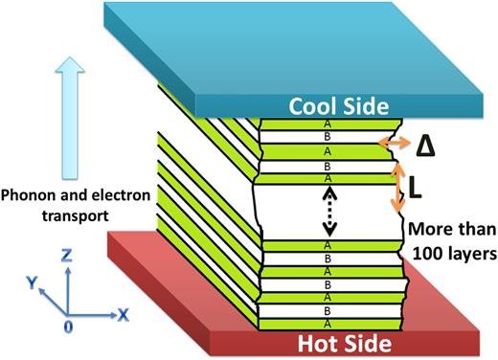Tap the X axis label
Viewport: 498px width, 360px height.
(123, 313)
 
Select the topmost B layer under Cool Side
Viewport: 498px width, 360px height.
(328, 137)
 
